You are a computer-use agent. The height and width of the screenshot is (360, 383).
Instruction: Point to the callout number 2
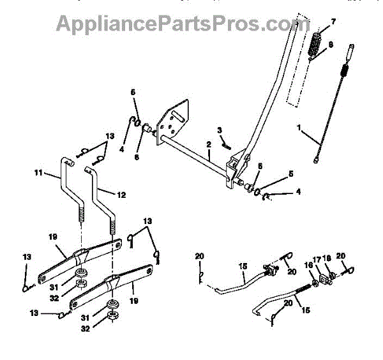[209, 144]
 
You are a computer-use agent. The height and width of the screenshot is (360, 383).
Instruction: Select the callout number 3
[220, 130]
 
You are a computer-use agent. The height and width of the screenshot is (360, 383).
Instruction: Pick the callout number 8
[331, 45]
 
